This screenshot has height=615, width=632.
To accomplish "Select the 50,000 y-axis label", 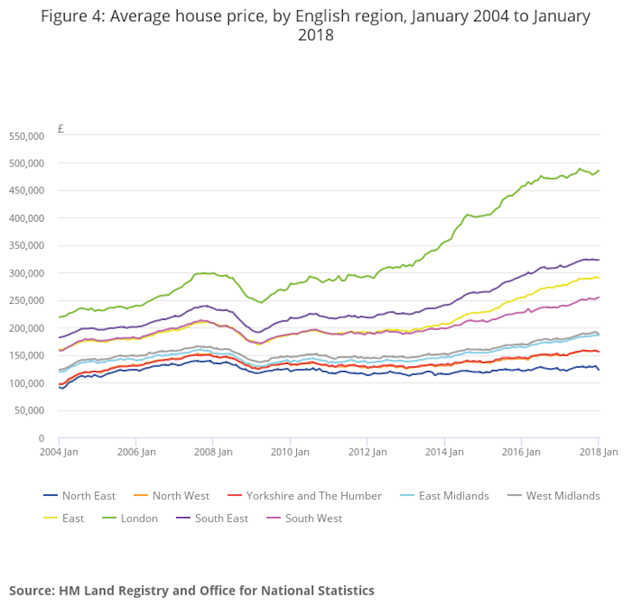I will point(30,411).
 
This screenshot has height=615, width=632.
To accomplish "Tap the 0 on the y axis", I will point(41,438).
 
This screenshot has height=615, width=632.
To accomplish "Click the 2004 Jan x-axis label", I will point(59,452).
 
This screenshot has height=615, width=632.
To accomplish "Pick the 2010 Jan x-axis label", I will point(290,452).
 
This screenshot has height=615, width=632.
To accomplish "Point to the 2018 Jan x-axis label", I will point(598,452).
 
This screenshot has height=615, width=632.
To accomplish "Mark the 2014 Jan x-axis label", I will point(444,452).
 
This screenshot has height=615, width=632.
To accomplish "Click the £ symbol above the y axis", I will point(60,129).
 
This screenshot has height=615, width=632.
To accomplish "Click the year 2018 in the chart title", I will point(315,36).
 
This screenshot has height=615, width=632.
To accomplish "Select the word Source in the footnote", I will point(32,591).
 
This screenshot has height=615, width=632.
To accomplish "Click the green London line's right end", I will point(598,170).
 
